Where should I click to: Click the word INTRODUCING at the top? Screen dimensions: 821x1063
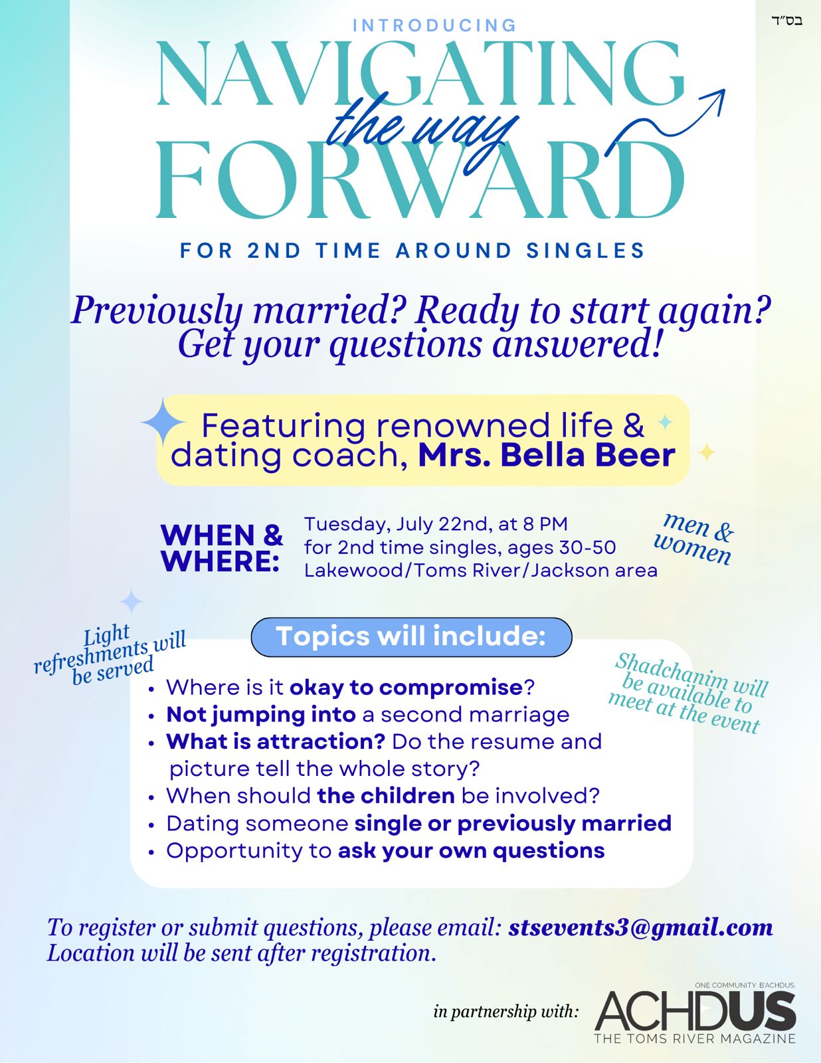coord(434,25)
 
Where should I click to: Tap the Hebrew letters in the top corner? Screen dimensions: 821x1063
coord(786,21)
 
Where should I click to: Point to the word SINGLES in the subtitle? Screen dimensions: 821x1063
coord(585,250)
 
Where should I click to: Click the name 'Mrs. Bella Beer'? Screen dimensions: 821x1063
coord(547,456)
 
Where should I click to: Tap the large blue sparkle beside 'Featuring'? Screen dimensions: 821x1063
coord(163,422)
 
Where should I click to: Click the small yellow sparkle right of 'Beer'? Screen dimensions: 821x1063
coord(706,452)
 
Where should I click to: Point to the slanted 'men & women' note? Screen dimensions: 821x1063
coord(694,539)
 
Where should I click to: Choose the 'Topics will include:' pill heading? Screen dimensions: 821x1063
coord(411,636)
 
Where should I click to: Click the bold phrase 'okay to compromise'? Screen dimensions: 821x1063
coord(407,688)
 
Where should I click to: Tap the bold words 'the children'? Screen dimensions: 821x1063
coord(386,796)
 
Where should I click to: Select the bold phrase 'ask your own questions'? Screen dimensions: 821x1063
coord(472,850)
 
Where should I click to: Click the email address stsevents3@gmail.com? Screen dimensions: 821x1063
coord(640,927)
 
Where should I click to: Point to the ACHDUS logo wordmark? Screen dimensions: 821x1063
coord(695,1010)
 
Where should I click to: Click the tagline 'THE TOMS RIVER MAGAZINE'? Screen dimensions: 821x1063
coord(695,1038)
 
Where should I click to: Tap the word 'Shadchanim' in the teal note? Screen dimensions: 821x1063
coord(671,669)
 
